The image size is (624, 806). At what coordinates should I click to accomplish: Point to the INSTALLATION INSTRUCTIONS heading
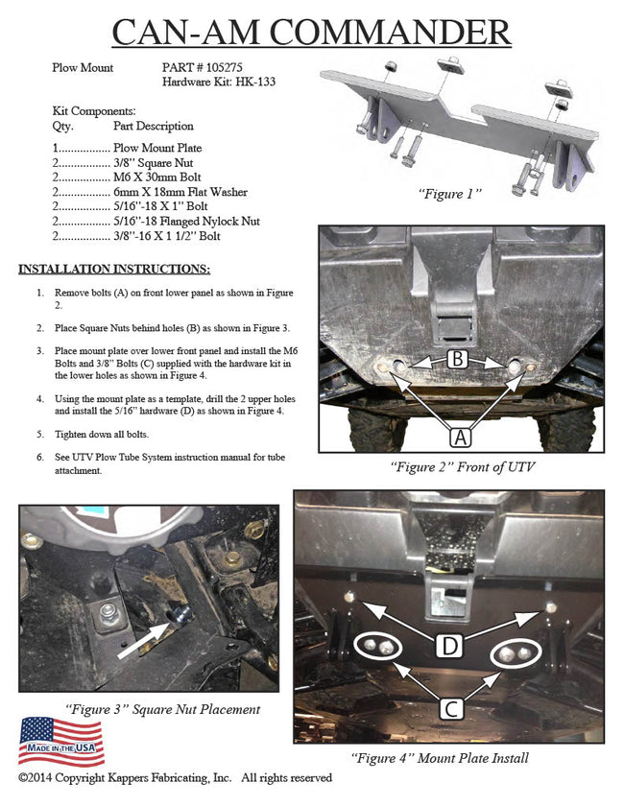pos(114,269)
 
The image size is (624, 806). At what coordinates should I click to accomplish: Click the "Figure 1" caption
pos(449,194)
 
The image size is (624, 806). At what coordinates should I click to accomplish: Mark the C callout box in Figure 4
pos(448,711)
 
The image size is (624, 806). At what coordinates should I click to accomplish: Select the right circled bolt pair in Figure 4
pos(516,654)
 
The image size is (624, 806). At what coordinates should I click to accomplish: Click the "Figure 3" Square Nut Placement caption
pos(162,709)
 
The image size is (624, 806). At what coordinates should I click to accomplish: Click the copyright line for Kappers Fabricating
pos(175,777)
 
